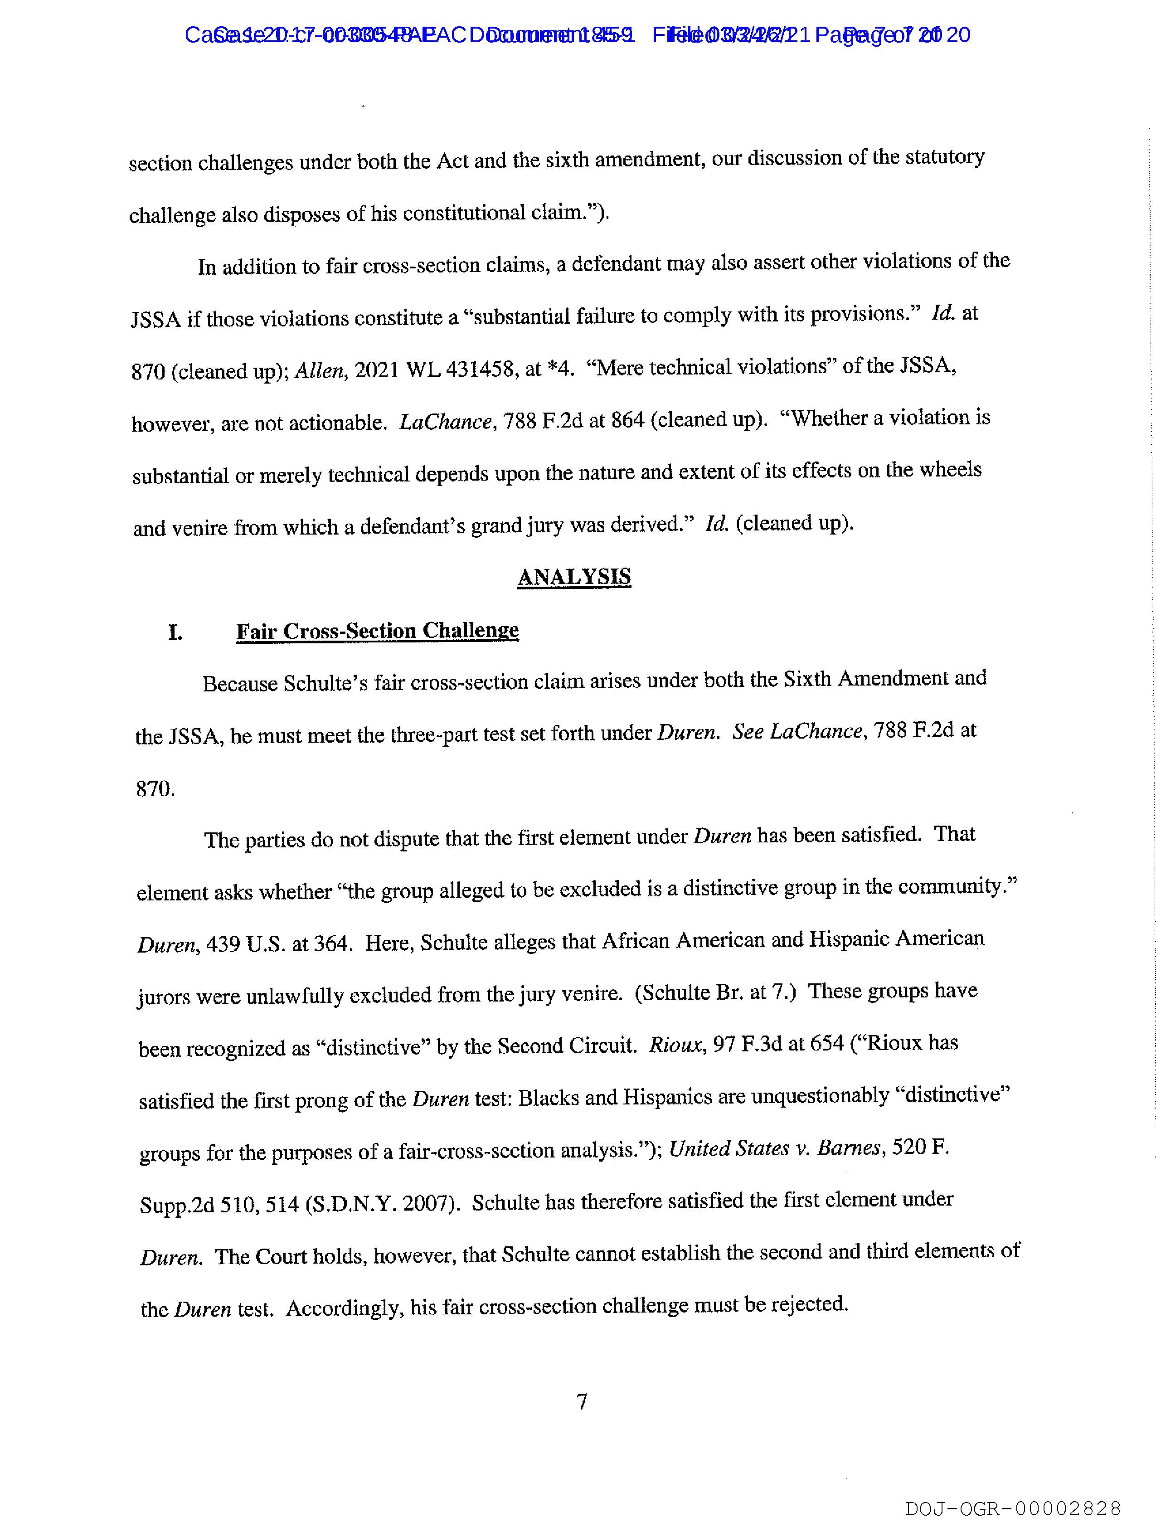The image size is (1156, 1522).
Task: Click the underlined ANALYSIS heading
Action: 574,577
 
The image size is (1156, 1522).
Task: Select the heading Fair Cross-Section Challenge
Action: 377,631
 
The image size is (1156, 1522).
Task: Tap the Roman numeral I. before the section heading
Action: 175,632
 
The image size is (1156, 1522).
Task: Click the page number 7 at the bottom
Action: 582,1401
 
